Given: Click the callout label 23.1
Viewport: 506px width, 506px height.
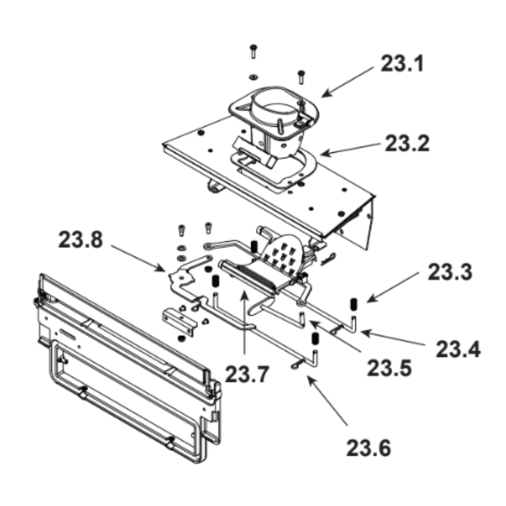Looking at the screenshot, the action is (x=402, y=63).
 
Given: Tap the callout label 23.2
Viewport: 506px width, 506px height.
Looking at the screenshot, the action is (x=407, y=143).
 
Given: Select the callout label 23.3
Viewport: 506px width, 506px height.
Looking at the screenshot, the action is (x=450, y=272).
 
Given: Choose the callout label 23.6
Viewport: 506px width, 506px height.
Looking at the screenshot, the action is (x=368, y=448).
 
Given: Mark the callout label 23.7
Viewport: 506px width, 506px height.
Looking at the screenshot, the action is (x=247, y=374).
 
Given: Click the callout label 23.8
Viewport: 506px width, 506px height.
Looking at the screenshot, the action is (x=80, y=240).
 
